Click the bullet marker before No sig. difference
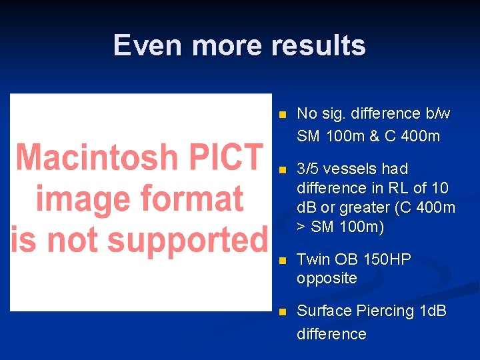282,115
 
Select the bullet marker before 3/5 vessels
282,170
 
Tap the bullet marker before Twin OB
282,260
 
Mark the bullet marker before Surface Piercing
282,312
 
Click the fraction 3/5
309,169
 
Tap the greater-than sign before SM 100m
301,227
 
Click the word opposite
327,278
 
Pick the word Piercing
384,311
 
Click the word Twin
312,259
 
